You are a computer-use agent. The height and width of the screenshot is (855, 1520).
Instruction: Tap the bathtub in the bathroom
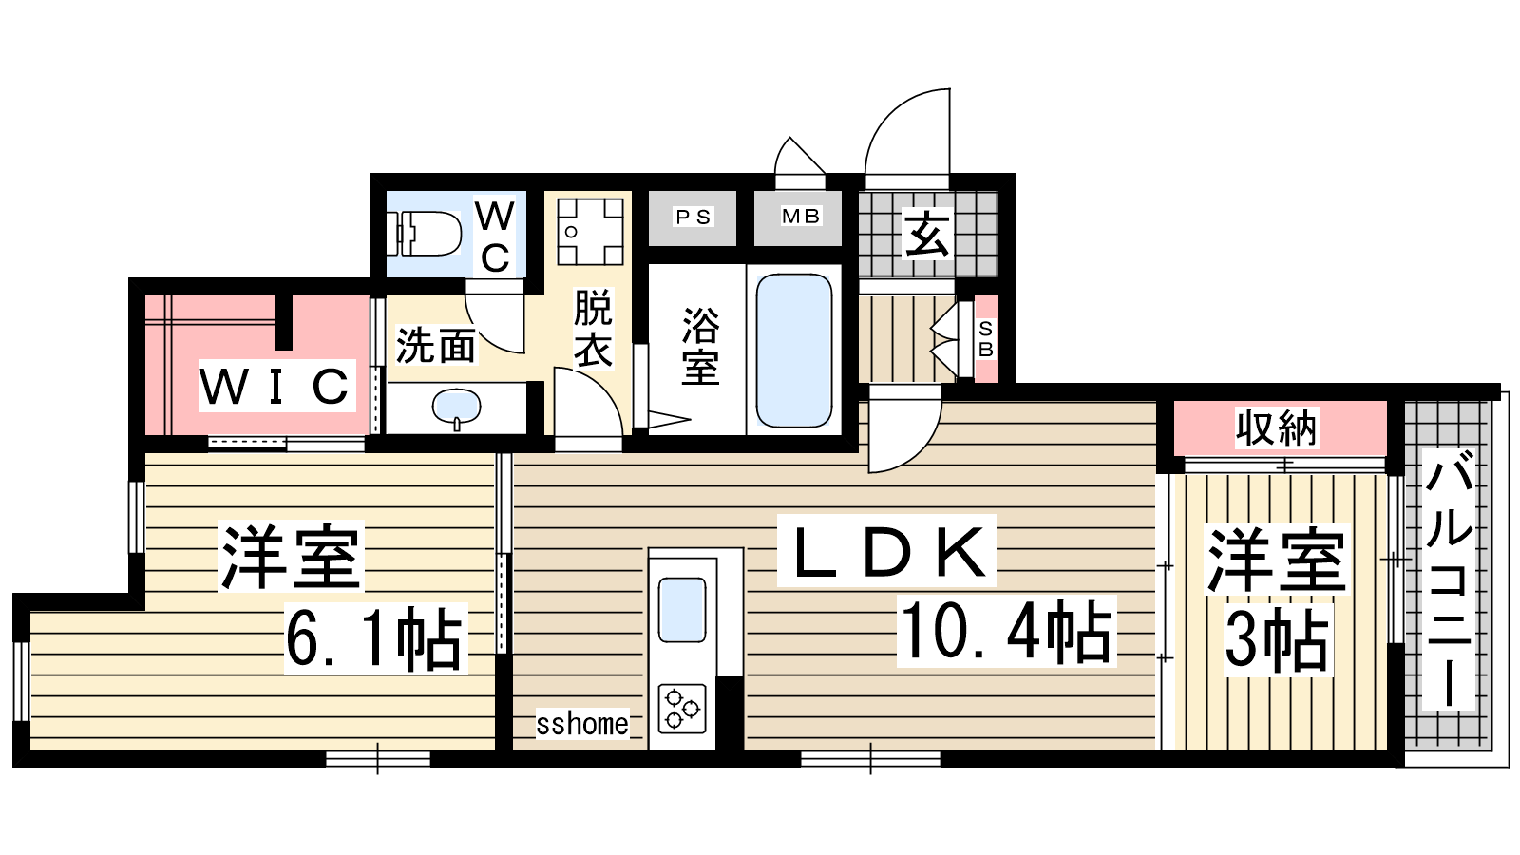pyautogui.click(x=794, y=351)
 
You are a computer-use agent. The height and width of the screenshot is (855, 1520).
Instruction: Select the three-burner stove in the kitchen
pyautogui.click(x=682, y=709)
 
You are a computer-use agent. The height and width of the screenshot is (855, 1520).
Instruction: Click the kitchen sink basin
pyautogui.click(x=682, y=609)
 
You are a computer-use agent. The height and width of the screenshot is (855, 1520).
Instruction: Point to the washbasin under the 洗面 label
pyautogui.click(x=457, y=408)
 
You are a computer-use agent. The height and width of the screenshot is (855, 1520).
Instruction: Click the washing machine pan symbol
pyautogui.click(x=590, y=232)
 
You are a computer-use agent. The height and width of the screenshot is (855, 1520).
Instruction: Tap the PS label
pyautogui.click(x=693, y=218)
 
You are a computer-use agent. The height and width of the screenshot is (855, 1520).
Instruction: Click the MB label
pyautogui.click(x=801, y=217)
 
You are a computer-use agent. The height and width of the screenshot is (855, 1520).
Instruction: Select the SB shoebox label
pyautogui.click(x=986, y=339)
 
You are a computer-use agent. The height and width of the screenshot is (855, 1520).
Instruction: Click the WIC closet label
pyautogui.click(x=276, y=386)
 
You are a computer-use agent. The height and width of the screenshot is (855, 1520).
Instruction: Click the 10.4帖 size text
pyautogui.click(x=1006, y=632)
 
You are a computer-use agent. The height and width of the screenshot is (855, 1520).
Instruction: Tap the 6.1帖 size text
pyautogui.click(x=376, y=638)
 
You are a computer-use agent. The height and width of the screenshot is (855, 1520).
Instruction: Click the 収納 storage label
pyautogui.click(x=1277, y=428)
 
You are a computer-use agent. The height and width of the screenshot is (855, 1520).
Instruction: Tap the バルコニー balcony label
pyautogui.click(x=1448, y=580)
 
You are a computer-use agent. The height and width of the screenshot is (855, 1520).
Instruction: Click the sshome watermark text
pyautogui.click(x=582, y=724)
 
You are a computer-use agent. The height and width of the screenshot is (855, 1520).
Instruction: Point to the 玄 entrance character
pyautogui.click(x=927, y=234)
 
